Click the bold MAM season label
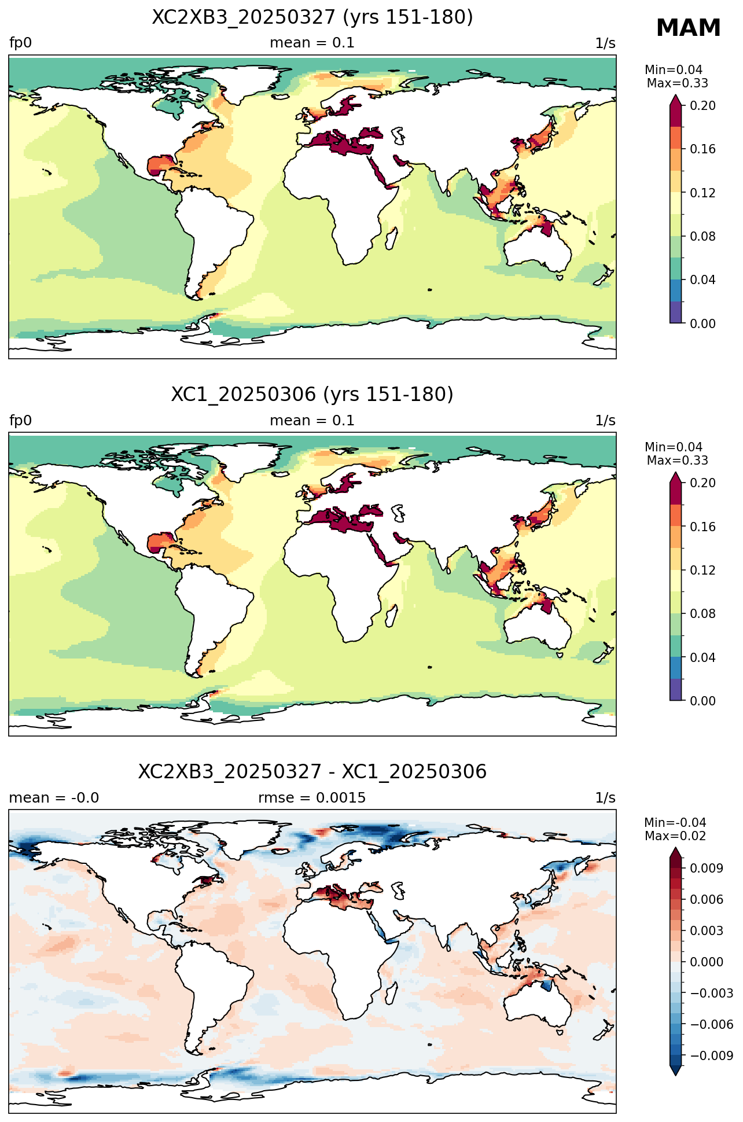tap(688, 28)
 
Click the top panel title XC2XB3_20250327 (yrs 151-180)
tap(312, 17)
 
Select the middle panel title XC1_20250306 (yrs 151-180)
tap(312, 395)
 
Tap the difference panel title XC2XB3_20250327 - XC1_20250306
tap(312, 772)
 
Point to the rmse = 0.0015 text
tap(312, 798)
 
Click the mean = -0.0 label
tap(54, 798)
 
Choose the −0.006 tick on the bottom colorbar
tap(707, 1024)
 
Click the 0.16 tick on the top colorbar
tap(703, 149)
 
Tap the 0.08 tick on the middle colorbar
tap(703, 614)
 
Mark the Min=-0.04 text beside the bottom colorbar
tap(675, 823)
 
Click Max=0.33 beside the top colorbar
tap(677, 83)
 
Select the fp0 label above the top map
tap(20, 43)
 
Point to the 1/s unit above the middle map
tap(605, 421)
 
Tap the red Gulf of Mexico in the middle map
tap(159, 544)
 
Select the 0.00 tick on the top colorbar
tap(703, 323)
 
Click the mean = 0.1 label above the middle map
tap(312, 421)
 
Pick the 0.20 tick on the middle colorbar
tap(703, 483)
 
